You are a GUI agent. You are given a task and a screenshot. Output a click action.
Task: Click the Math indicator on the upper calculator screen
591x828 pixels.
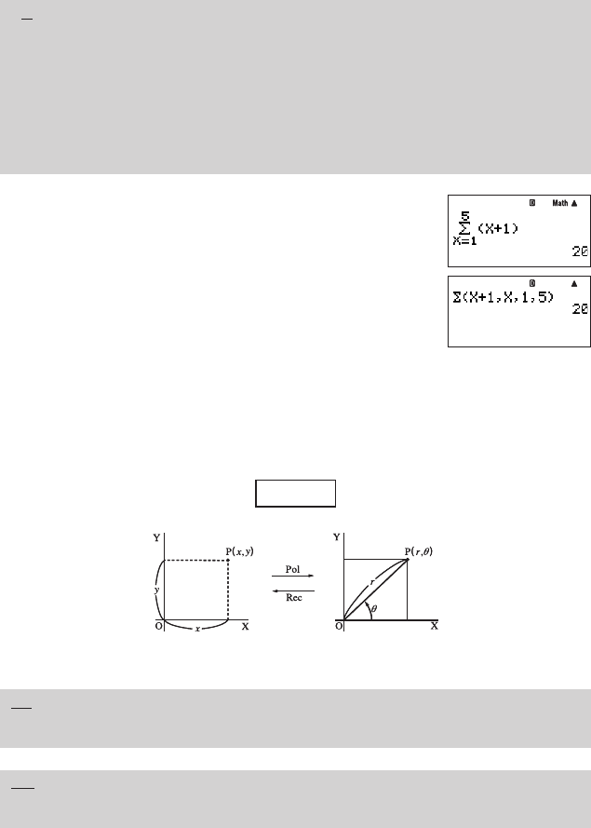tap(560, 203)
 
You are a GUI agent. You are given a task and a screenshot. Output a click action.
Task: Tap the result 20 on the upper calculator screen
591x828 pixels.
tap(581, 251)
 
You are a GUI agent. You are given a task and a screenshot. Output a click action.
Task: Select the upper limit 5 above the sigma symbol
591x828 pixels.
tap(464, 216)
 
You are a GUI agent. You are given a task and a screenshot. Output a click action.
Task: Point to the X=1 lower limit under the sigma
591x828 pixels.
tap(464, 241)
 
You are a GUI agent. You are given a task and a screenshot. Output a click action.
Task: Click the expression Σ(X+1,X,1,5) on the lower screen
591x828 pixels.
tap(504, 297)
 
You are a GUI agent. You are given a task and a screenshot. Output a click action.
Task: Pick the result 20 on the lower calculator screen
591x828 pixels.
tap(581, 309)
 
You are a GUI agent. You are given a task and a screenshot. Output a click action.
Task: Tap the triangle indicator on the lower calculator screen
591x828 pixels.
tap(574, 283)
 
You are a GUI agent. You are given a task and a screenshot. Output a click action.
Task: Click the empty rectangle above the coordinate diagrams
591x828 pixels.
tap(296, 494)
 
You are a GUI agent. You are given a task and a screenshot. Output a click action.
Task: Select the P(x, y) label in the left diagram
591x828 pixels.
tap(239, 551)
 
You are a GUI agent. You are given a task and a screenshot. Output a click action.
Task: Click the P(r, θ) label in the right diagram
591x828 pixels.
tap(419, 551)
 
